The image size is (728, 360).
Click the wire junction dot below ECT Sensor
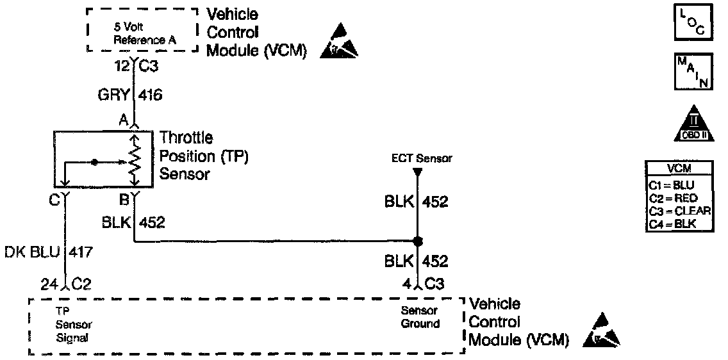(x=417, y=242)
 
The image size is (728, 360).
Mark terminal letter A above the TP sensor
(x=124, y=120)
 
